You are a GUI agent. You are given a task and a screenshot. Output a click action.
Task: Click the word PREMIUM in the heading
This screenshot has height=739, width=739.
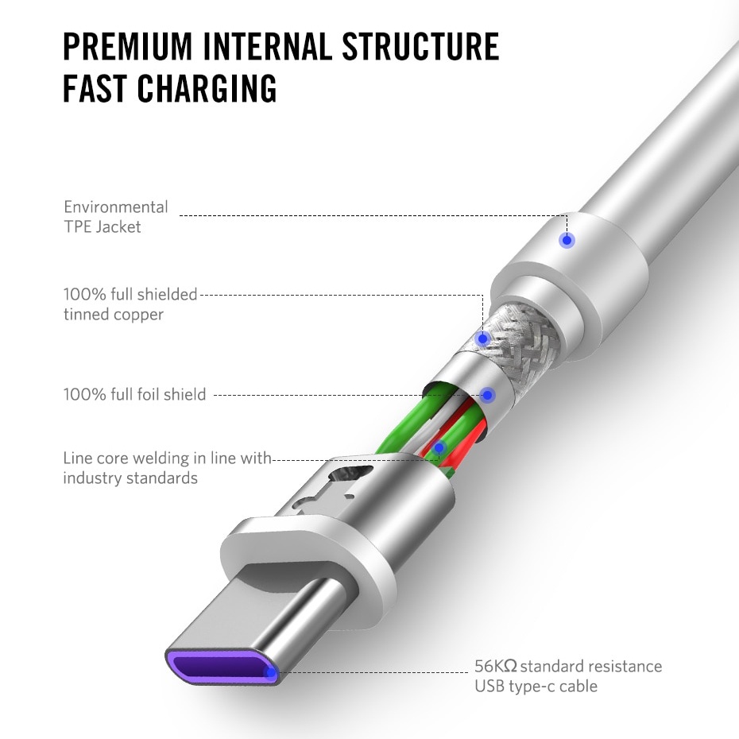click(128, 47)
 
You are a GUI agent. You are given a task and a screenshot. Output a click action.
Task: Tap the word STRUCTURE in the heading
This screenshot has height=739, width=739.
click(420, 47)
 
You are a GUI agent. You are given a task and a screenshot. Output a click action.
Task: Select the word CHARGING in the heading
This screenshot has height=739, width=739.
click(207, 88)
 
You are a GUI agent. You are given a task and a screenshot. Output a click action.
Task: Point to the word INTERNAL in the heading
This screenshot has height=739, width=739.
click(267, 47)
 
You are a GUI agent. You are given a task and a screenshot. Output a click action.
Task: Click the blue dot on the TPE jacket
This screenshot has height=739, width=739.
click(567, 240)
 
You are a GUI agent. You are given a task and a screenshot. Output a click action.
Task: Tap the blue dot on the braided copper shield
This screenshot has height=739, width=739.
click(482, 339)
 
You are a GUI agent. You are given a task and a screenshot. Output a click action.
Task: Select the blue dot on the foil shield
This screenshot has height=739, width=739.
click(488, 394)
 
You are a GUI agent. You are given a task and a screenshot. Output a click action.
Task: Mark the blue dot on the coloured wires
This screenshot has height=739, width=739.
click(439, 447)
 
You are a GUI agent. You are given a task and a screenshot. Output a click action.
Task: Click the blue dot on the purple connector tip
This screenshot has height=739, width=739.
click(270, 672)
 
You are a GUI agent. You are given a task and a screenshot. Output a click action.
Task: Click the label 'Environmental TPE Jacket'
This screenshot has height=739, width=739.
click(115, 217)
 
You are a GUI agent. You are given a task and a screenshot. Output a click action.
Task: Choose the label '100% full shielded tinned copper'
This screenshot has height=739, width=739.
click(130, 304)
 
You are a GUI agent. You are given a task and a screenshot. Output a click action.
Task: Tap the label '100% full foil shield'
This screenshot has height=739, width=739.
click(134, 394)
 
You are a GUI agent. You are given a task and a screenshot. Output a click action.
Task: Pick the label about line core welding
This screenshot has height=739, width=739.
click(168, 468)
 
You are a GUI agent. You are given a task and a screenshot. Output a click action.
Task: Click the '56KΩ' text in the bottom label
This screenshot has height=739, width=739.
click(496, 666)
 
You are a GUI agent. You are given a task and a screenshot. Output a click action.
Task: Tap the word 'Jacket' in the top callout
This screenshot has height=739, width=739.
click(118, 227)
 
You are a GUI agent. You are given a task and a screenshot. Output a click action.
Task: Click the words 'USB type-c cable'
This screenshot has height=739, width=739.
click(536, 686)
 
